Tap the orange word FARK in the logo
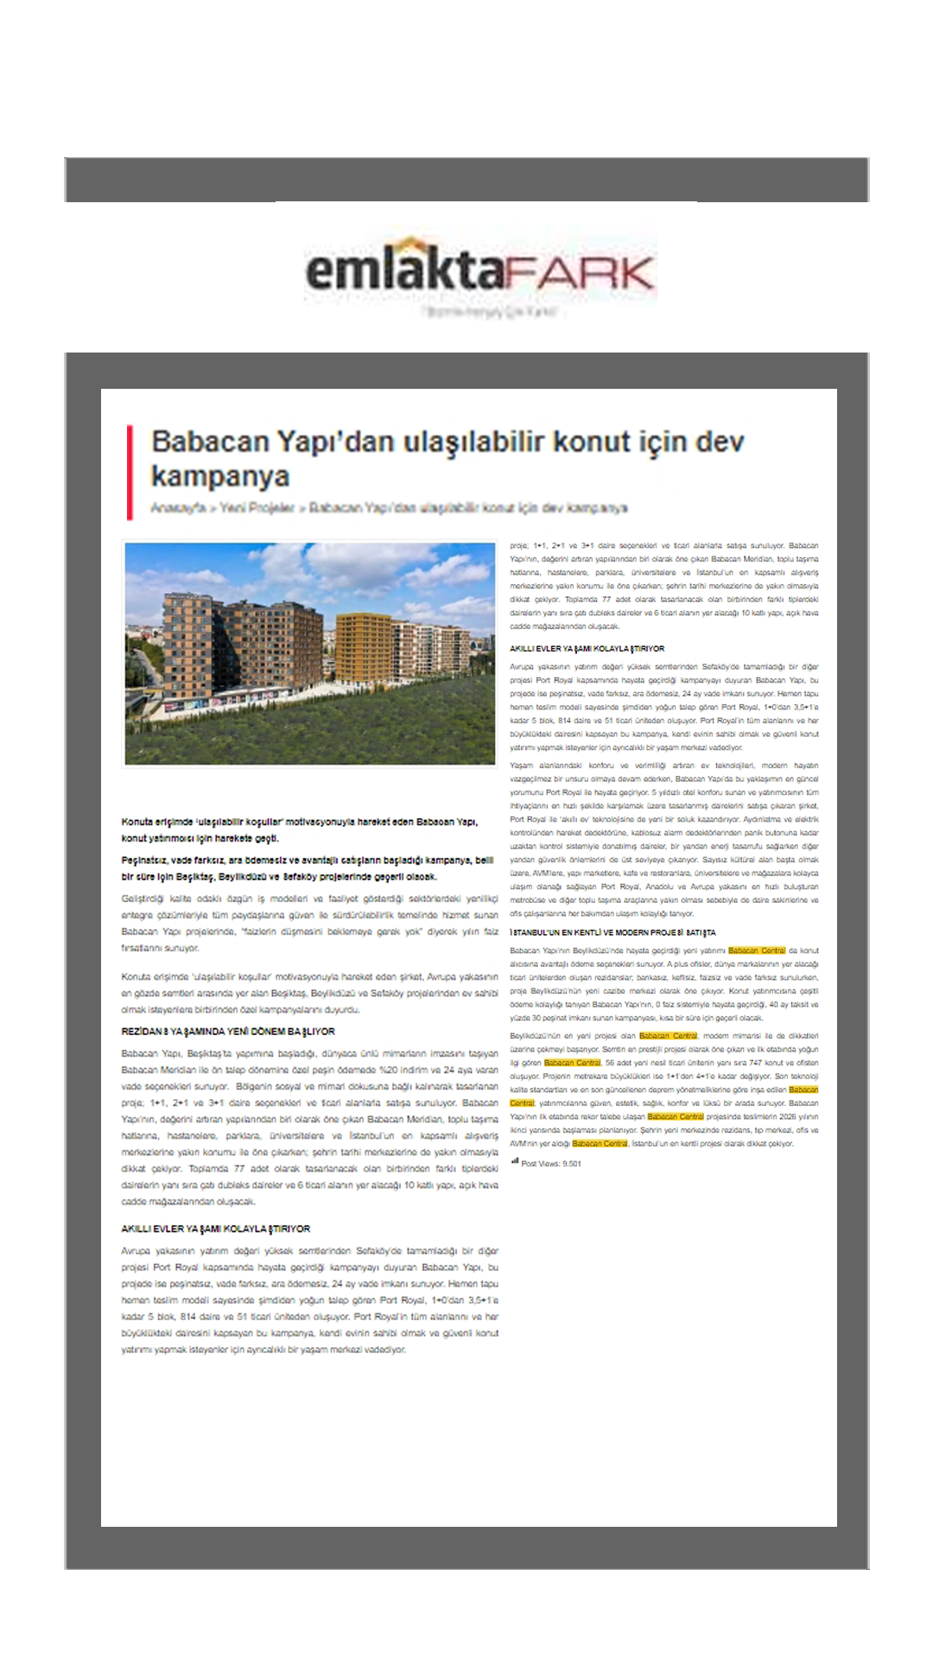click(x=580, y=274)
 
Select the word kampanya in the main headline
click(x=220, y=476)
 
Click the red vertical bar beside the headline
click(x=130, y=472)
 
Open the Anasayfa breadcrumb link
click(x=178, y=507)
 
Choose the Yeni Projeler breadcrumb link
click(x=257, y=507)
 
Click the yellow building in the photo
click(x=363, y=649)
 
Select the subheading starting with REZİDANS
click(x=228, y=1032)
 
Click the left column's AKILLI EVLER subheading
click(x=216, y=1229)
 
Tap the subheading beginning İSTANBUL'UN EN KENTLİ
click(x=612, y=933)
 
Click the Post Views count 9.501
click(x=571, y=1164)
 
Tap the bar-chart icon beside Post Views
click(x=515, y=1162)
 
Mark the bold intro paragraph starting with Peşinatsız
click(x=307, y=868)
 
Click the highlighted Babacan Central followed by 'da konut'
click(x=757, y=950)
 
